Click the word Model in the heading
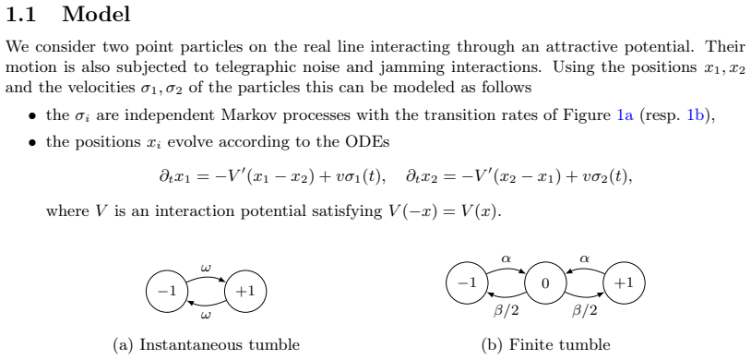(x=96, y=15)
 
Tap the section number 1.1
(x=21, y=15)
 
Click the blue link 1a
(x=625, y=115)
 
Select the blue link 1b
(x=696, y=115)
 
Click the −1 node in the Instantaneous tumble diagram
(x=167, y=291)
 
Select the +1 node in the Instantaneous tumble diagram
(x=245, y=291)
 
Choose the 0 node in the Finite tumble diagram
(x=545, y=283)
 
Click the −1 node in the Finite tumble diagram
(x=467, y=283)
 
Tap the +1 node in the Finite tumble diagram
(x=624, y=283)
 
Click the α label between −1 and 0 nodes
(x=506, y=258)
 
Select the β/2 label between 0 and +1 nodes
(x=585, y=311)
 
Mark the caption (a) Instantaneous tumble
(x=207, y=344)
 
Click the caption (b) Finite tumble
(x=545, y=344)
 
